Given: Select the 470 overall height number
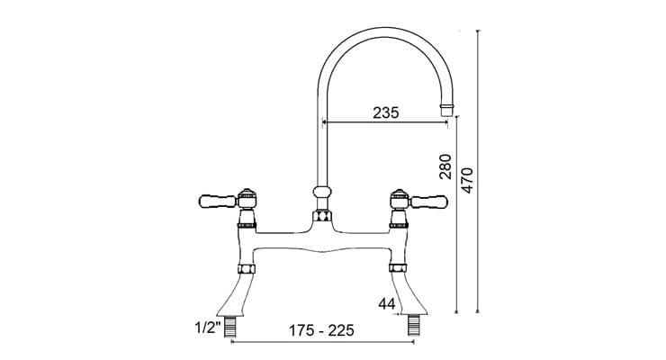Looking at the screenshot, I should [466, 181].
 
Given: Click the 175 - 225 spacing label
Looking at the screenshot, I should [317, 330].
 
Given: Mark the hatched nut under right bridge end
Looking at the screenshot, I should [397, 268].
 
